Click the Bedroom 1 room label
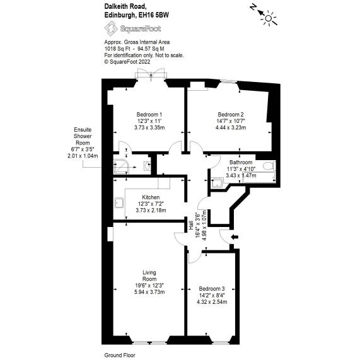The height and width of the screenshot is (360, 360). [149, 113]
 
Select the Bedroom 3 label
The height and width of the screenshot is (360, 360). [211, 288]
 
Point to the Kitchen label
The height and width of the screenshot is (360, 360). [151, 197]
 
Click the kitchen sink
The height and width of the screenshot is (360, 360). [120, 202]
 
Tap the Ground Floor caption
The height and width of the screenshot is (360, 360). [120, 356]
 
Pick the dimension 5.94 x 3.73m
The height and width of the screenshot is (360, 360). [149, 292]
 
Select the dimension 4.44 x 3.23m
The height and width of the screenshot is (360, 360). [231, 128]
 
